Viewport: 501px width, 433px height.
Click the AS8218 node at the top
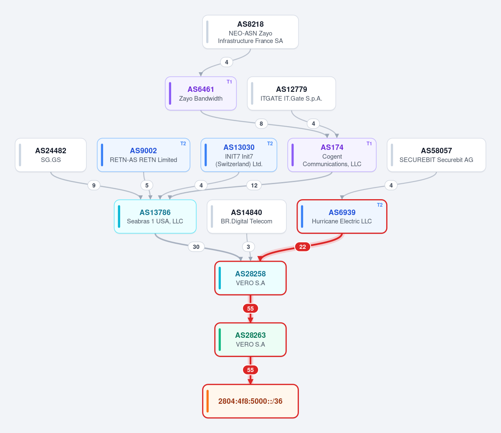point(250,32)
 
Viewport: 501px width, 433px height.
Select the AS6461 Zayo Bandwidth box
point(201,94)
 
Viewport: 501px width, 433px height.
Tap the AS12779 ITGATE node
point(291,94)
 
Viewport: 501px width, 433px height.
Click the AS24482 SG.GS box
point(51,155)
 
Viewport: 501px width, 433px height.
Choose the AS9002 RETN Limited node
point(144,155)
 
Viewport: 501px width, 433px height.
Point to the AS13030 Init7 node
point(239,155)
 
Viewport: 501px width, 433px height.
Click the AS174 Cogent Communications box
point(332,155)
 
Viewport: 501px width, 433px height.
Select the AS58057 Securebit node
point(436,155)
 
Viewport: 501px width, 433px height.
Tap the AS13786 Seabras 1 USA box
point(155,216)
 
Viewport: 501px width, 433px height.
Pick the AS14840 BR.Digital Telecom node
point(246,216)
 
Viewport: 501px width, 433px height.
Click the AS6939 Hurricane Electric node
point(342,216)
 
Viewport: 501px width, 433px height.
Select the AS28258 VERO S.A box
point(250,278)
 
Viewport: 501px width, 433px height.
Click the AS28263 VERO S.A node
point(250,339)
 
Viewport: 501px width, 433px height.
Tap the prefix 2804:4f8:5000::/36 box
point(250,401)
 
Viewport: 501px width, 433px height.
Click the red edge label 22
point(303,247)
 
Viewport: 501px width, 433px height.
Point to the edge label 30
point(196,247)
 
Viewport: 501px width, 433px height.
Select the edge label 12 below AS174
point(254,185)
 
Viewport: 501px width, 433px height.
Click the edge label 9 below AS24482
point(94,185)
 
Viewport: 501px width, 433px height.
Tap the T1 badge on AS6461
point(229,82)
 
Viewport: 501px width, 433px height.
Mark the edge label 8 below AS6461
point(261,124)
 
